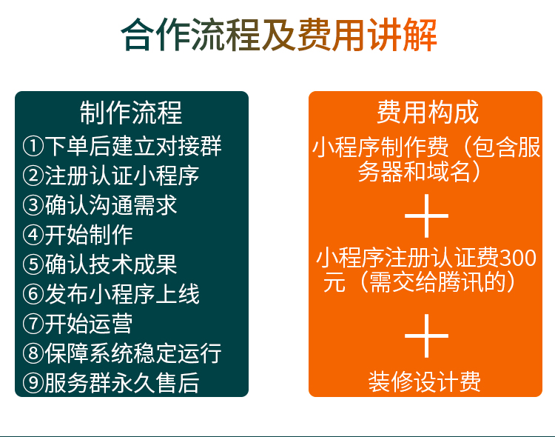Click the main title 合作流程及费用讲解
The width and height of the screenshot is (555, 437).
click(279, 35)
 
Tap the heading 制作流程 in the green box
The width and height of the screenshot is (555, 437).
click(131, 113)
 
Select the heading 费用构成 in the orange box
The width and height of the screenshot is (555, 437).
click(428, 112)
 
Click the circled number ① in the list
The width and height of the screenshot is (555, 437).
click(33, 146)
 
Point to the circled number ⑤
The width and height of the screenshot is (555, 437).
click(33, 264)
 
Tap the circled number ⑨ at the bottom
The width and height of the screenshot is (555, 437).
click(33, 383)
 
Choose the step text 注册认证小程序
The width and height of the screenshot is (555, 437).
click(122, 176)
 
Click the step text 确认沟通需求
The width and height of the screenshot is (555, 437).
click(111, 205)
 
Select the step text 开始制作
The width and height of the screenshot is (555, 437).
click(89, 235)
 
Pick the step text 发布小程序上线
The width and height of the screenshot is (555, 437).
click(122, 294)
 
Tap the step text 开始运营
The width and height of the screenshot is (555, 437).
click(89, 324)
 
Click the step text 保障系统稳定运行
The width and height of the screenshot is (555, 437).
click(133, 353)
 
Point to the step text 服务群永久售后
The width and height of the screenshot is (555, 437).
click(122, 383)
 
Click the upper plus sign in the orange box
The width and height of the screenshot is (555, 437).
click(426, 216)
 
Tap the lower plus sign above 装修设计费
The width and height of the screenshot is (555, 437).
click(426, 336)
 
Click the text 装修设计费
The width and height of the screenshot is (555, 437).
click(425, 381)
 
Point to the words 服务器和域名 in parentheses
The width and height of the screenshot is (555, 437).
click(414, 172)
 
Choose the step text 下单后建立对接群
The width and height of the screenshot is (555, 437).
click(133, 146)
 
